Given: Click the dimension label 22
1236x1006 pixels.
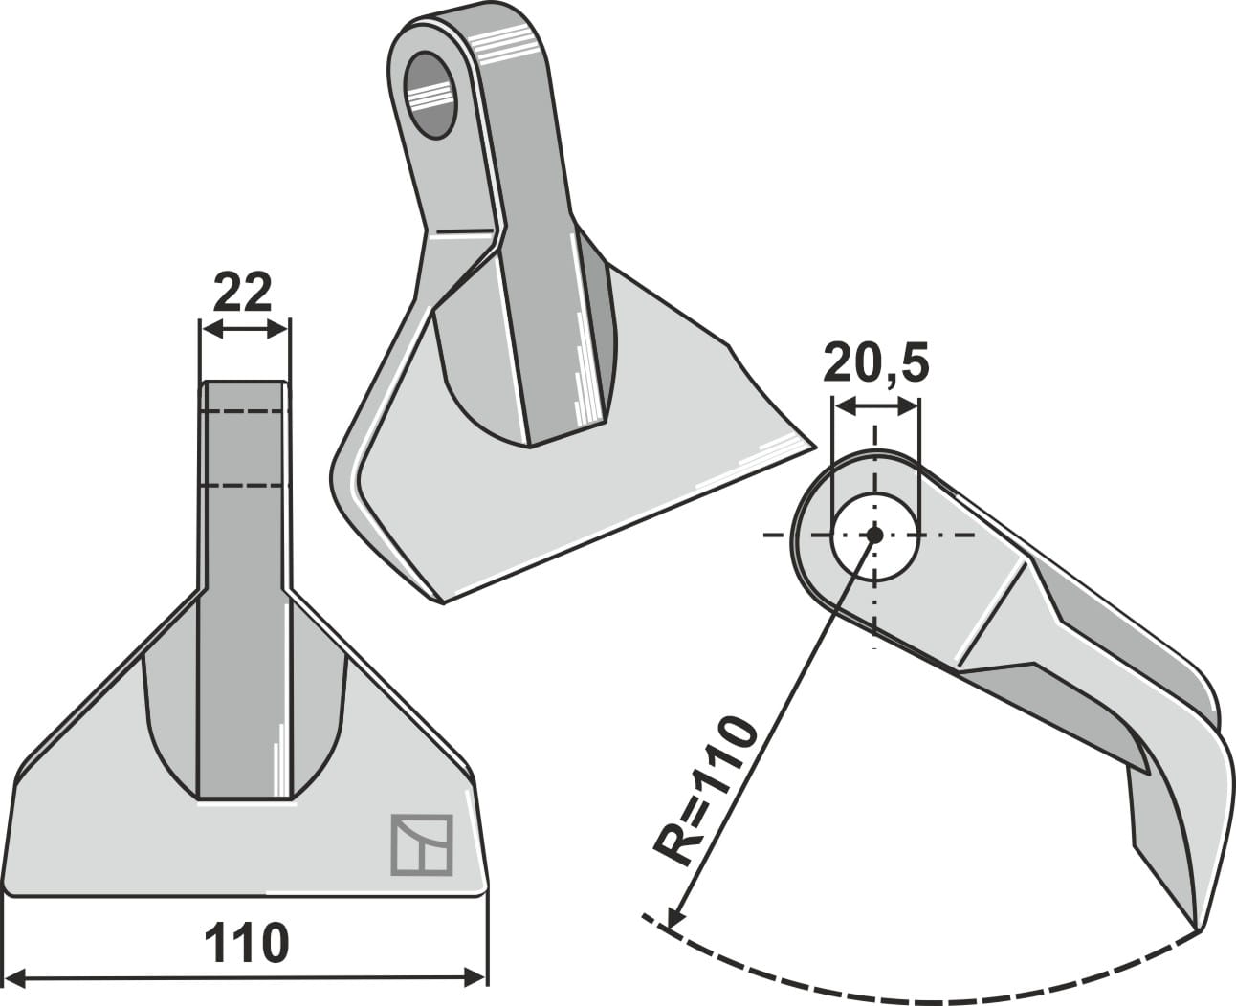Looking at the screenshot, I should coord(243,293).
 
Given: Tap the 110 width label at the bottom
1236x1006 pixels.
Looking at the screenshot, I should coord(246,943).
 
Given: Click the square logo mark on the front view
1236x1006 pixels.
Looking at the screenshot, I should coord(421,844).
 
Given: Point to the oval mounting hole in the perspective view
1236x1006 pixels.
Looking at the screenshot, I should coord(431,94).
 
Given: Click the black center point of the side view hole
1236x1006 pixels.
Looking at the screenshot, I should coord(874,535).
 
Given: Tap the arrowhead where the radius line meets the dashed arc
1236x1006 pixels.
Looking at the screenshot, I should coord(673,919).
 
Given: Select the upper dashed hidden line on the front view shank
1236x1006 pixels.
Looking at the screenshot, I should coord(244,411).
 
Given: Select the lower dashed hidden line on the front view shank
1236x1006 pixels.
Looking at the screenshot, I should coord(244,486).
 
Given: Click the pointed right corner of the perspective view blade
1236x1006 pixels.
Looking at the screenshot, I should coord(813,445).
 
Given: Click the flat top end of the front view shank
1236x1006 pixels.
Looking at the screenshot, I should coord(244,383).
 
